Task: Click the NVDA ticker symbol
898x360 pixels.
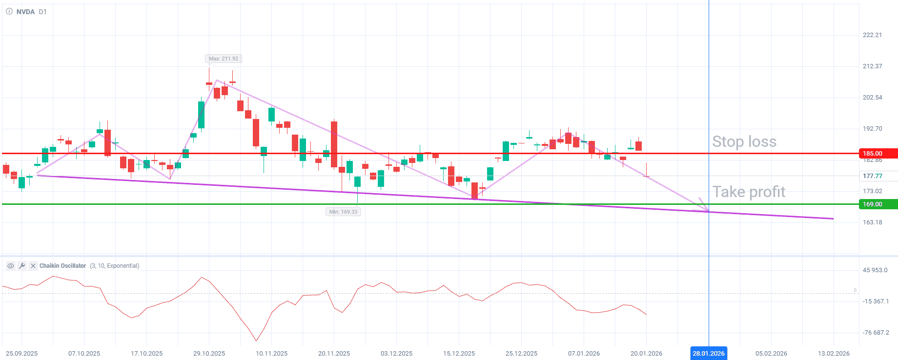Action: click(x=25, y=12)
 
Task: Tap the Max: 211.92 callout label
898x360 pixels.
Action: click(x=224, y=59)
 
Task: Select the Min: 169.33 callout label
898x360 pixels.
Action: click(x=343, y=212)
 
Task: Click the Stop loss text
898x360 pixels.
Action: click(x=744, y=141)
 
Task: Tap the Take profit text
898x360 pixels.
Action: click(x=749, y=192)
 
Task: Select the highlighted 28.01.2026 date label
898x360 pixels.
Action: click(x=709, y=353)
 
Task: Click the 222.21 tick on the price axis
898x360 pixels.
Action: click(x=872, y=35)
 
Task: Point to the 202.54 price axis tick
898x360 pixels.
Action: click(x=872, y=98)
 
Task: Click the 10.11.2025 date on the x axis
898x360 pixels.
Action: click(x=271, y=353)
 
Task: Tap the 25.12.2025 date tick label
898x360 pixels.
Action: click(x=521, y=353)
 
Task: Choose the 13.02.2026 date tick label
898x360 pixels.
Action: click(x=834, y=353)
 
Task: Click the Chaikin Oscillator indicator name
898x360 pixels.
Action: click(x=62, y=266)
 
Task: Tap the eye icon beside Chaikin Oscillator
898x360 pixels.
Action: click(x=10, y=266)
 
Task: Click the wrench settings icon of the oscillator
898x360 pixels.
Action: click(x=22, y=266)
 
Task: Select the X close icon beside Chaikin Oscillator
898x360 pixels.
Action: click(x=33, y=266)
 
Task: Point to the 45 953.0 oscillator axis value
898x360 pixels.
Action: click(x=875, y=270)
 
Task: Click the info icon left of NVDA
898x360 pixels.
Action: click(x=9, y=12)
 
